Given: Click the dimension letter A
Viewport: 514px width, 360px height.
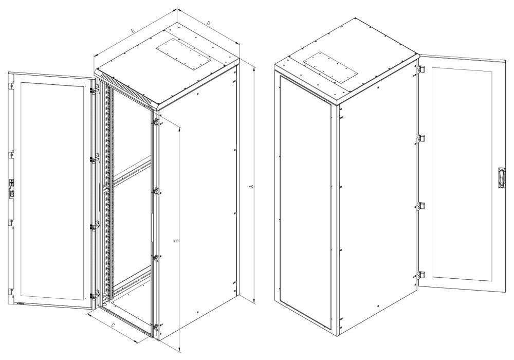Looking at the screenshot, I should point(251,186).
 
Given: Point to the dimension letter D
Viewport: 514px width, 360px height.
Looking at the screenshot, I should point(208,24).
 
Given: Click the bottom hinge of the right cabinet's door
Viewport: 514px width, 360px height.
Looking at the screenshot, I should point(421,275).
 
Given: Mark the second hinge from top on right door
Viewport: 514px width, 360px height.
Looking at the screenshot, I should point(421,138).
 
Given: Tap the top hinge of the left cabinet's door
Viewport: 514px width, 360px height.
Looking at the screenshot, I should point(94,89).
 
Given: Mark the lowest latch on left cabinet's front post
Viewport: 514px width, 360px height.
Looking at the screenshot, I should point(155,326).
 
